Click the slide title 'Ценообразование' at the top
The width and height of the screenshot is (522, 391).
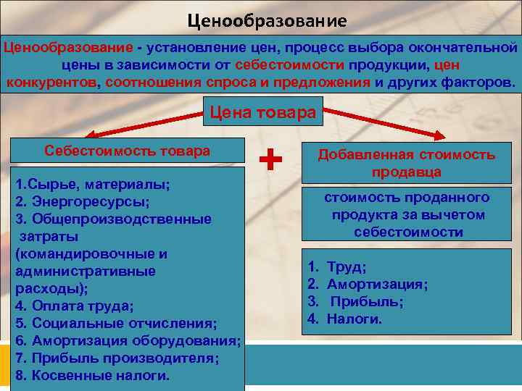(267, 20)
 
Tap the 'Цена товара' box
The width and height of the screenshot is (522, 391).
(262, 112)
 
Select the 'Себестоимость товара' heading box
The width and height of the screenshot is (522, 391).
(127, 151)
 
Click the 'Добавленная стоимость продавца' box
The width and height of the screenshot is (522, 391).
(406, 163)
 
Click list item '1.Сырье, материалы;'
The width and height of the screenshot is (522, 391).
(93, 184)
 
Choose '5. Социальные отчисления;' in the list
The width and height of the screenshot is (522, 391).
(115, 323)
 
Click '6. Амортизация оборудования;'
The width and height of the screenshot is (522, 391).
(127, 340)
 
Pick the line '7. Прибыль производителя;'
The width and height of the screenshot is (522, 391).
(116, 358)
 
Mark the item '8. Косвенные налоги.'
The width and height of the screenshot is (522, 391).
(92, 375)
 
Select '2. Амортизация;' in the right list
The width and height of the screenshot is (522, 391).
(368, 284)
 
